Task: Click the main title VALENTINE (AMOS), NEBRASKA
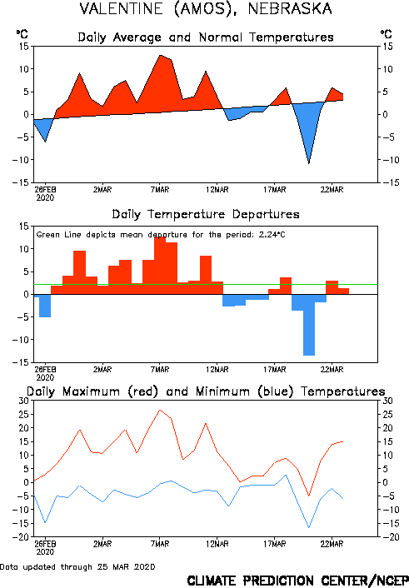click(x=206, y=8)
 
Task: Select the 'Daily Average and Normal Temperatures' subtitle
click(x=206, y=37)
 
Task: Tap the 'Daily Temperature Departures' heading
click(x=206, y=214)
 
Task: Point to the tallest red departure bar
click(x=160, y=266)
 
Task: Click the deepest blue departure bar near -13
click(x=309, y=325)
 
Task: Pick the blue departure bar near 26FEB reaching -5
click(x=45, y=306)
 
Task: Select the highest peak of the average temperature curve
click(x=160, y=55)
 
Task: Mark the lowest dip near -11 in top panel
click(x=309, y=163)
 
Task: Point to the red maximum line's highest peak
click(x=160, y=410)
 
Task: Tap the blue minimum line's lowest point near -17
click(x=309, y=528)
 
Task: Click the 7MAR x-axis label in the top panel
click(x=160, y=190)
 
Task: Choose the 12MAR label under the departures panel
click(x=217, y=370)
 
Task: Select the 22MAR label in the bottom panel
click(x=332, y=544)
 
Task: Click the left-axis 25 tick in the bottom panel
click(x=23, y=415)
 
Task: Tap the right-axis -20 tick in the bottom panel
click(x=387, y=537)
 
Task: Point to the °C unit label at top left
click(x=22, y=34)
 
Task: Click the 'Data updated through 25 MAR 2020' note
click(x=77, y=567)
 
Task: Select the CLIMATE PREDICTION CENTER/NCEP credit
click(x=298, y=581)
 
